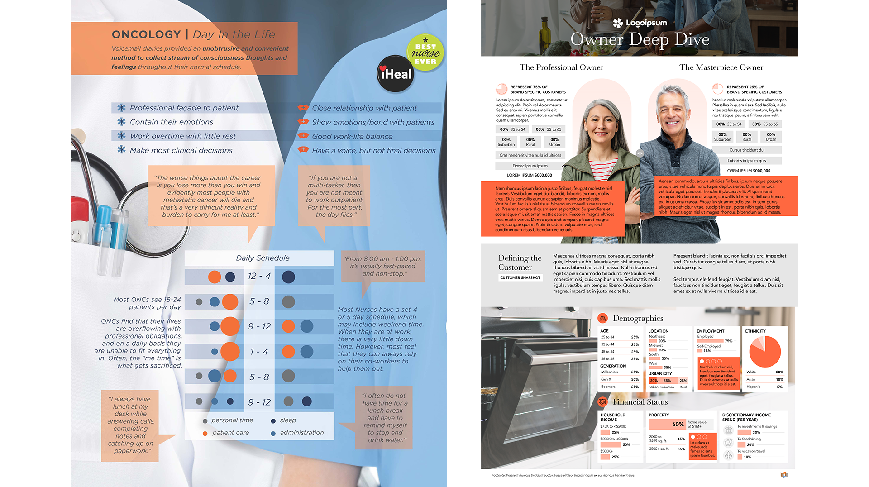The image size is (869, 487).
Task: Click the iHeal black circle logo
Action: tap(396, 74)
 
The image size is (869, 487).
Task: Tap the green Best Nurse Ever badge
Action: tap(425, 53)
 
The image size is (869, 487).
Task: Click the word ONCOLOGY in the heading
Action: tap(146, 34)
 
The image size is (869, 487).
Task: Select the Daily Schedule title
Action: tap(263, 258)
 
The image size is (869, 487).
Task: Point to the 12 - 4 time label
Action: tap(259, 276)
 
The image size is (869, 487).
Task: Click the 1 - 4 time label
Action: tap(259, 352)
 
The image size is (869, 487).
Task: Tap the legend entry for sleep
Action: tap(287, 420)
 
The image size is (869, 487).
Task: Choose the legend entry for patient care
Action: tap(230, 433)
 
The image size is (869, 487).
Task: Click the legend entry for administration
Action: tap(301, 433)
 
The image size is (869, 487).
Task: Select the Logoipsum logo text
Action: tap(646, 23)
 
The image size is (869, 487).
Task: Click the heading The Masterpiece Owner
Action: tap(721, 67)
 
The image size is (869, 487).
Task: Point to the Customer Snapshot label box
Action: tap(520, 277)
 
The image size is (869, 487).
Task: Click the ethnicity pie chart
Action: tap(765, 351)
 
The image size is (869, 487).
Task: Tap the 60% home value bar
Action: tap(667, 424)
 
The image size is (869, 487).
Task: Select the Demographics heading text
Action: tap(638, 318)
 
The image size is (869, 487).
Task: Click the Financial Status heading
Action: tap(640, 402)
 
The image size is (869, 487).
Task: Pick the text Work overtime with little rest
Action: tap(183, 136)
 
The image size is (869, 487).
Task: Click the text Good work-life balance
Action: tap(352, 137)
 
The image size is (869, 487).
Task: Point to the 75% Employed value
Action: tap(728, 341)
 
